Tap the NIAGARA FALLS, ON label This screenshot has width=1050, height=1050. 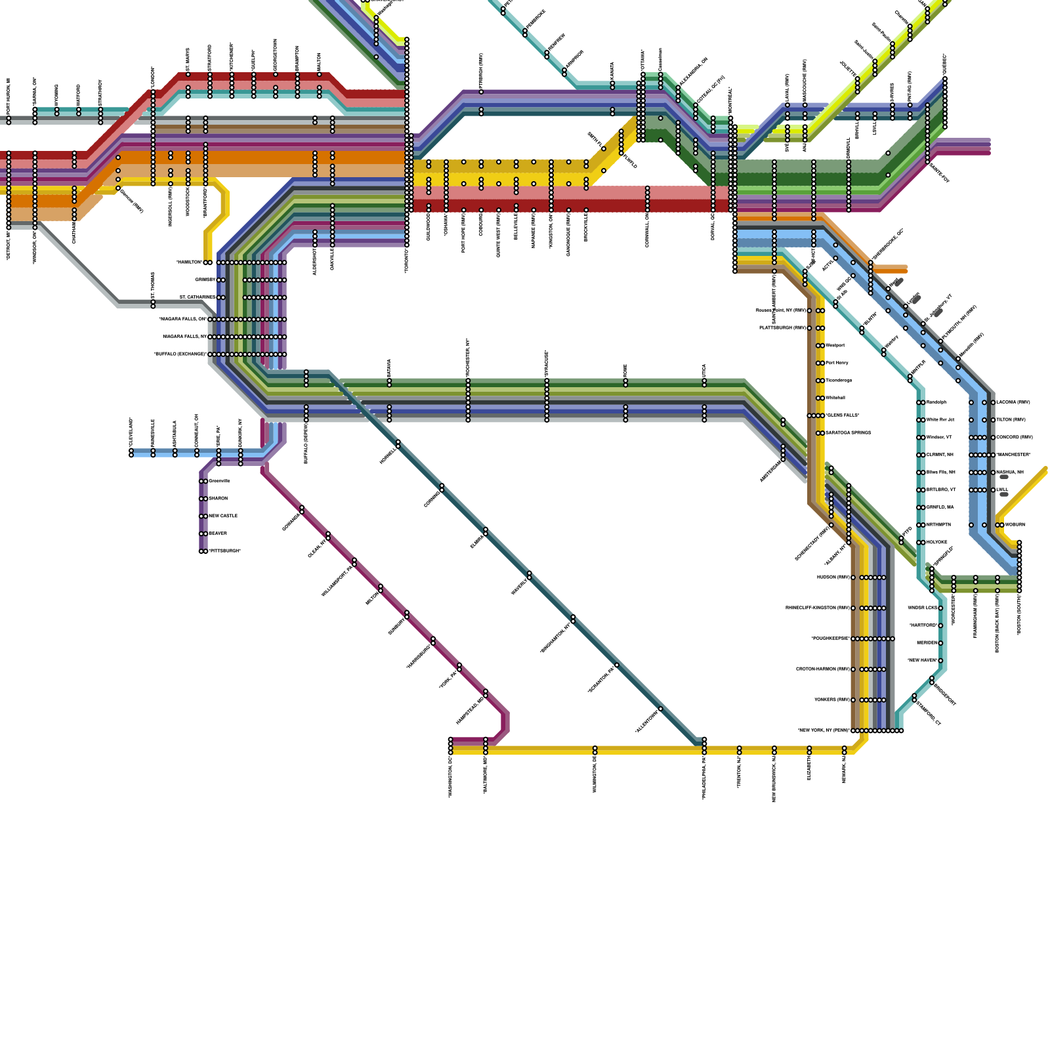[182, 320]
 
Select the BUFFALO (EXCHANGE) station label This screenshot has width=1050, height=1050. [180, 354]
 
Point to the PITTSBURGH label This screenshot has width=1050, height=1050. [224, 551]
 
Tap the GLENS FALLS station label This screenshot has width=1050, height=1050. [843, 415]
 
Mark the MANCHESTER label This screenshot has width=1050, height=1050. [1014, 455]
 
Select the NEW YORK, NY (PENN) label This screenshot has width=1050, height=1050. [824, 730]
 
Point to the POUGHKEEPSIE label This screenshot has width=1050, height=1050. [830, 639]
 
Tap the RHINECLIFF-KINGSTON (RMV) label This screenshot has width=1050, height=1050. [817, 608]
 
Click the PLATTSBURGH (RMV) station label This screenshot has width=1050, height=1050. [782, 327]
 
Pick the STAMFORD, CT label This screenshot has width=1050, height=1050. [928, 712]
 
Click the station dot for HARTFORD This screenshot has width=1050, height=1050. [940, 625]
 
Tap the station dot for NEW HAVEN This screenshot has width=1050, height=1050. [940, 661]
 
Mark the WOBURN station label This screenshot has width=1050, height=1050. [1015, 525]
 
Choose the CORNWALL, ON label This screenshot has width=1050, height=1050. [648, 230]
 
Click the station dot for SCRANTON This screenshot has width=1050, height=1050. [617, 665]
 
